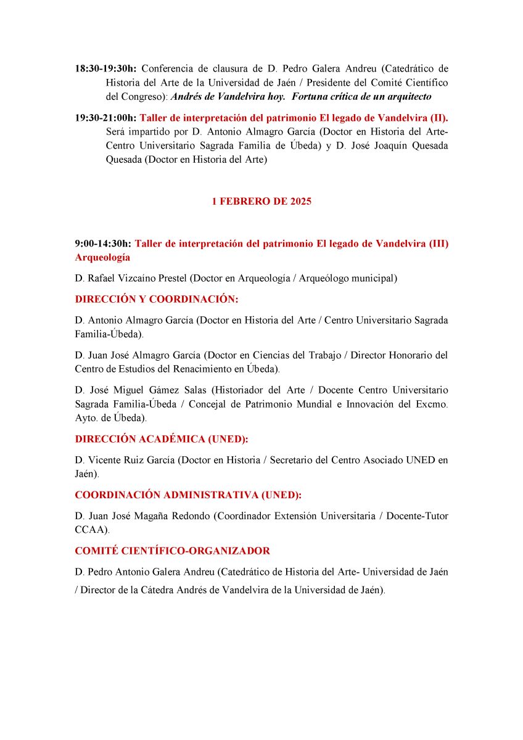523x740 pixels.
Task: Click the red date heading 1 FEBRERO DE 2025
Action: pyautogui.click(x=261, y=202)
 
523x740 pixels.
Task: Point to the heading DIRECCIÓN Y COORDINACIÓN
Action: pyautogui.click(x=156, y=299)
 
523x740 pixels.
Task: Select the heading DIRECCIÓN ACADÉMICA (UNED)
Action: pyautogui.click(x=164, y=439)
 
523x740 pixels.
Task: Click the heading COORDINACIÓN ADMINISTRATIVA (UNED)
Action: pyautogui.click(x=188, y=495)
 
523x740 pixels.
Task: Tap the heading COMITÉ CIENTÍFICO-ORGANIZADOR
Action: pyautogui.click(x=172, y=551)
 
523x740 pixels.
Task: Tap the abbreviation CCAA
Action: pyautogui.click(x=89, y=530)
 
